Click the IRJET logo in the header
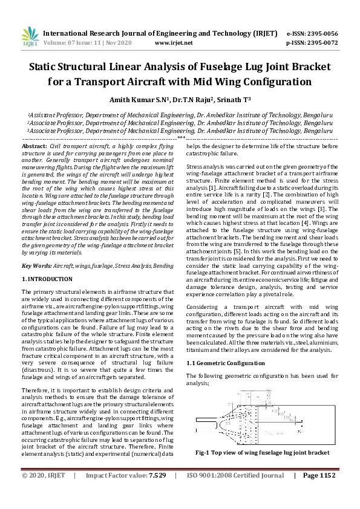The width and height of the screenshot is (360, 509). pyautogui.click(x=30, y=37)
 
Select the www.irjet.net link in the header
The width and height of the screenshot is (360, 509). pyautogui.click(x=174, y=43)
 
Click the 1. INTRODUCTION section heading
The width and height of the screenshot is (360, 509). pyautogui.click(x=47, y=279)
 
